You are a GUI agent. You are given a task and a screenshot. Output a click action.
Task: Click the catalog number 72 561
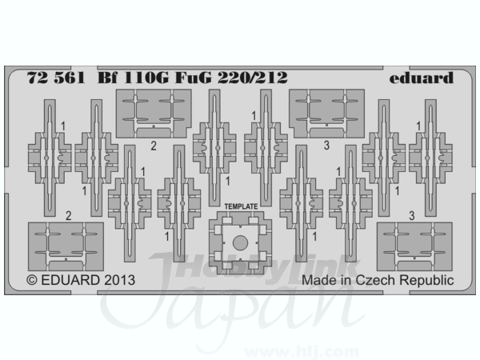pyautogui.click(x=56, y=78)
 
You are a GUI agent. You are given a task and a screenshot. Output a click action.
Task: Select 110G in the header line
pyautogui.click(x=146, y=78)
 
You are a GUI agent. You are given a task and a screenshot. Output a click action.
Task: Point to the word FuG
pyautogui.click(x=193, y=78)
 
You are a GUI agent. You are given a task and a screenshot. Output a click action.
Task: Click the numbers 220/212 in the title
pyautogui.click(x=253, y=78)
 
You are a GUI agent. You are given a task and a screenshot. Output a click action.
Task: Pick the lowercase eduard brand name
pyautogui.click(x=422, y=78)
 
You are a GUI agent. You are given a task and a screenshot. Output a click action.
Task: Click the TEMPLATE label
pyautogui.click(x=241, y=206)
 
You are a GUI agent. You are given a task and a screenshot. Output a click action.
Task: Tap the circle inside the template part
pyautogui.click(x=240, y=243)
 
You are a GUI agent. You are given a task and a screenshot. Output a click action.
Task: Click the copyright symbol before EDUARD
pyautogui.click(x=32, y=281)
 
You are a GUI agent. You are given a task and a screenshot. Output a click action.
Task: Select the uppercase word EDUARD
pyautogui.click(x=70, y=280)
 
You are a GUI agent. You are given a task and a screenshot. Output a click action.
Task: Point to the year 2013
pyautogui.click(x=119, y=280)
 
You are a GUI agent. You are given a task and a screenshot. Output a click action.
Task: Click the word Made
pyautogui.click(x=318, y=280)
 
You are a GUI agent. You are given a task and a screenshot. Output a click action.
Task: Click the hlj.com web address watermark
pyautogui.click(x=302, y=352)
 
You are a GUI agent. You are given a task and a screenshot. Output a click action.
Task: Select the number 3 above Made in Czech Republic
pyautogui.click(x=412, y=216)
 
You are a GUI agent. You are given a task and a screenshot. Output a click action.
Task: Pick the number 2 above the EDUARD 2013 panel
pyautogui.click(x=68, y=216)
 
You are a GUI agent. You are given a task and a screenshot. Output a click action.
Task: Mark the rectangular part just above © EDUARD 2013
pyautogui.click(x=66, y=246)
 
